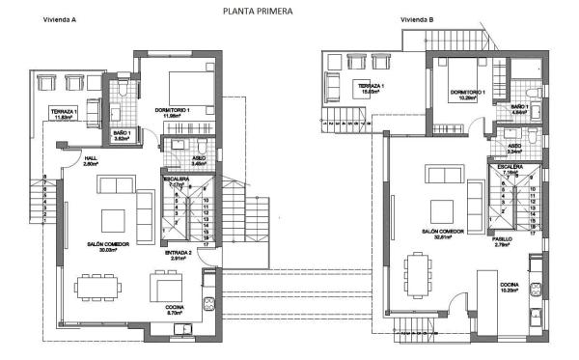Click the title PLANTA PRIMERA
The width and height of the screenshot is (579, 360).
pyautogui.click(x=256, y=12)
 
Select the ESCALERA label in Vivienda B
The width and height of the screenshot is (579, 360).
pyautogui.click(x=510, y=166)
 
